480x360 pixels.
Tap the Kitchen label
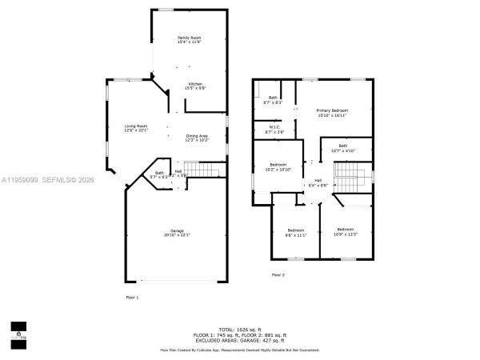coord(195,86)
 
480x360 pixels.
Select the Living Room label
coord(135,128)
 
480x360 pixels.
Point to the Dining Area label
coord(197,138)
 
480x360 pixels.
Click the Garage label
coord(176,232)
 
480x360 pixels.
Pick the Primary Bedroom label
coord(331,113)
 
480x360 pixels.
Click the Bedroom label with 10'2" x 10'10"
coord(278,166)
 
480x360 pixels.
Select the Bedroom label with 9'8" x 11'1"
coord(296,232)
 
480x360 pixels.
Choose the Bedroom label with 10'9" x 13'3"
coord(346,232)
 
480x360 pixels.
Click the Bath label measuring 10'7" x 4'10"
coord(342,148)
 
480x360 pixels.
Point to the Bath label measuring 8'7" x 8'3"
coord(274,100)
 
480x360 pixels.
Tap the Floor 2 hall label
coord(318,182)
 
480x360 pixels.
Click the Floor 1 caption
coord(132,298)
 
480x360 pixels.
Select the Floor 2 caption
coord(278,274)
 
